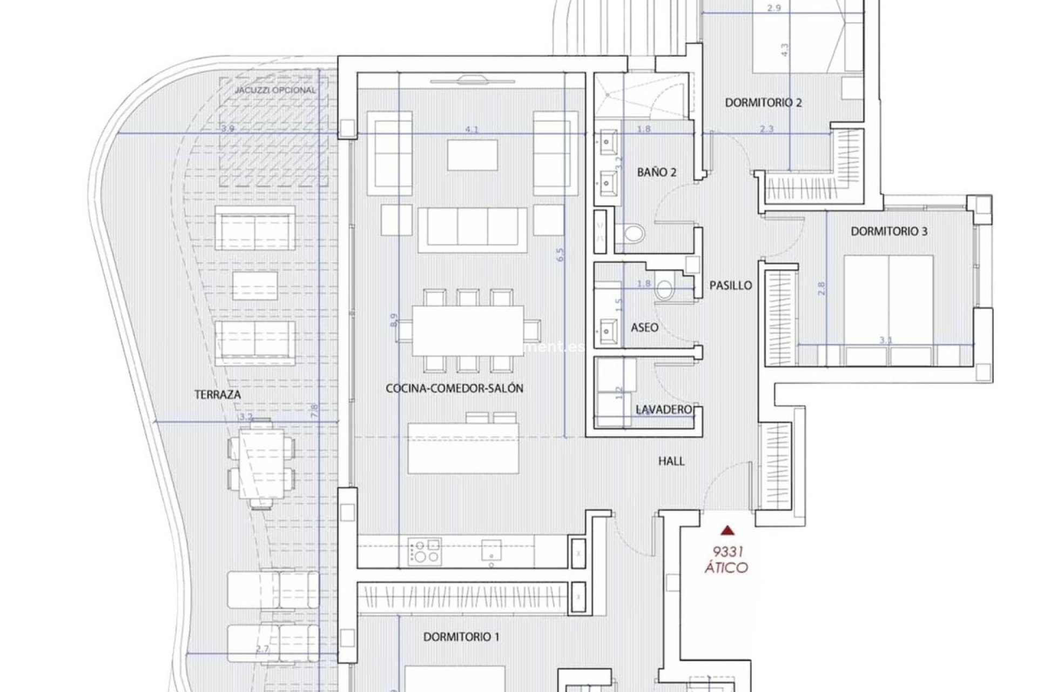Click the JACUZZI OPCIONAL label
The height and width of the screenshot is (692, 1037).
pyautogui.click(x=275, y=90)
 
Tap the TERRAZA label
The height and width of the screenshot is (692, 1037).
pyautogui.click(x=218, y=395)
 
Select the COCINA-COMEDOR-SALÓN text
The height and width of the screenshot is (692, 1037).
pyautogui.click(x=454, y=388)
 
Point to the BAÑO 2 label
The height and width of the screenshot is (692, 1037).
pyautogui.click(x=657, y=172)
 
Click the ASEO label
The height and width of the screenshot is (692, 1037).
pyautogui.click(x=644, y=328)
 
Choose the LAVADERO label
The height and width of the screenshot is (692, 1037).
pyautogui.click(x=664, y=410)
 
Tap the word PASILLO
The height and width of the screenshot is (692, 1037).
pyautogui.click(x=730, y=285)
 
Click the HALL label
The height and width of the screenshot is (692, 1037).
pyautogui.click(x=671, y=461)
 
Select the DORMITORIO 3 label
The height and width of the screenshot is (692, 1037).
pyautogui.click(x=889, y=231)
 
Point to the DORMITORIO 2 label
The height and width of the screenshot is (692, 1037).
pyautogui.click(x=763, y=103)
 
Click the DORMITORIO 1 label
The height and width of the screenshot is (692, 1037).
pyautogui.click(x=461, y=637)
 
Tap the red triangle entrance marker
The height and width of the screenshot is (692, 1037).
pyautogui.click(x=729, y=530)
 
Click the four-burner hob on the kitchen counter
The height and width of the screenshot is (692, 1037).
pyautogui.click(x=425, y=551)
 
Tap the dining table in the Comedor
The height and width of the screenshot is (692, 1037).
pyautogui.click(x=468, y=331)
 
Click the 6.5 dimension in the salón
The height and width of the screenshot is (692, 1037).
pyautogui.click(x=560, y=255)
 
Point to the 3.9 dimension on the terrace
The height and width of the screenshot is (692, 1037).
pyautogui.click(x=227, y=129)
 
